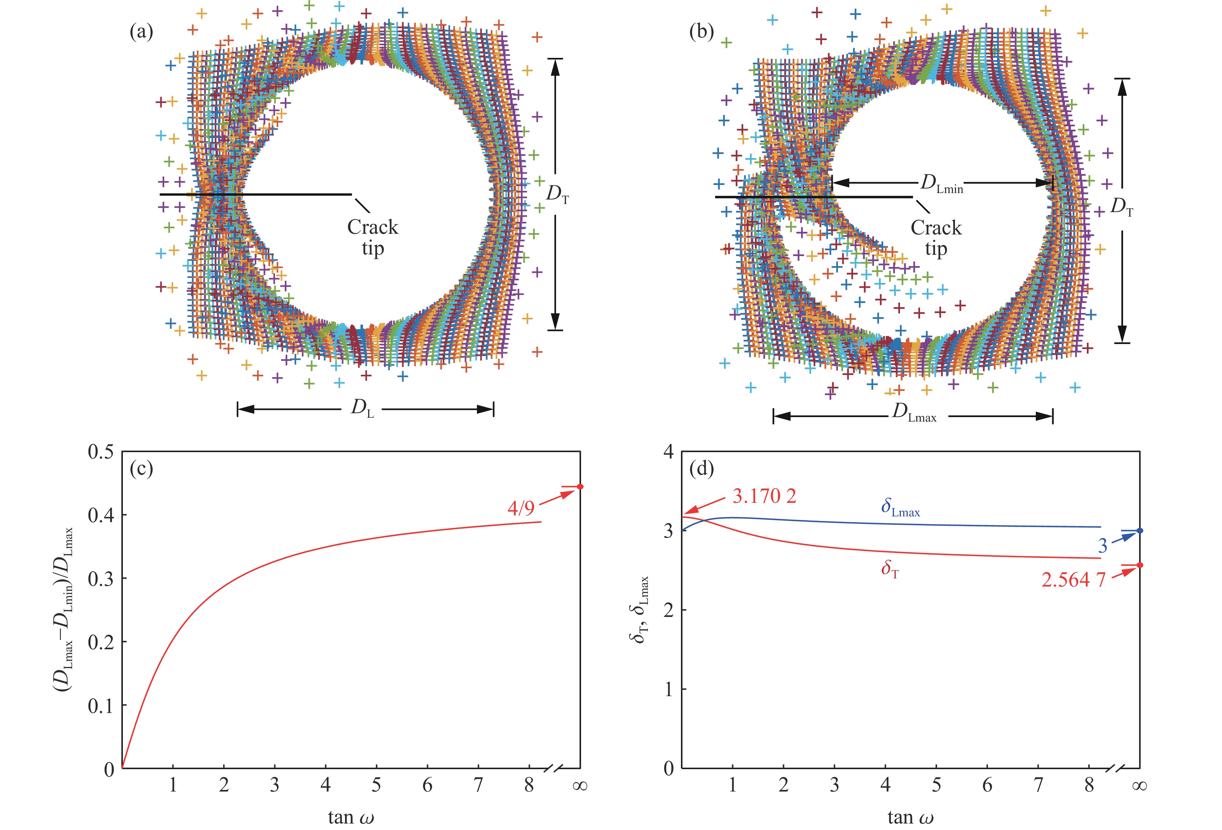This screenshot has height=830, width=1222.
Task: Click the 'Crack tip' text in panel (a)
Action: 372,237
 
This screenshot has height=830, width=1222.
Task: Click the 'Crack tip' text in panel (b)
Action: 936,238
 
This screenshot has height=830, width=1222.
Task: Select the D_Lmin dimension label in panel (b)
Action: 941,184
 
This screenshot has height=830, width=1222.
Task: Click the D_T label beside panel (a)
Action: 557,195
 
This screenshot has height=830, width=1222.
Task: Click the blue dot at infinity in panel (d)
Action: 1140,531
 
